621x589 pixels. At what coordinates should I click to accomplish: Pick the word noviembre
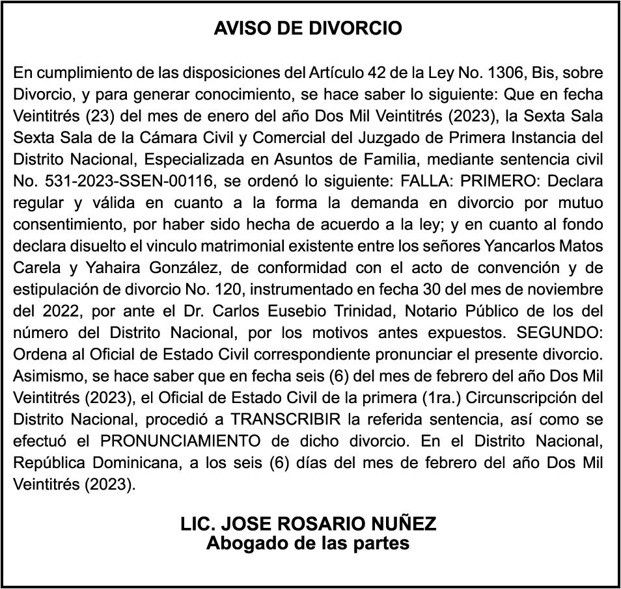coord(564,290)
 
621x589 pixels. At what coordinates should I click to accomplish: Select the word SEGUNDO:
coord(559,334)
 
